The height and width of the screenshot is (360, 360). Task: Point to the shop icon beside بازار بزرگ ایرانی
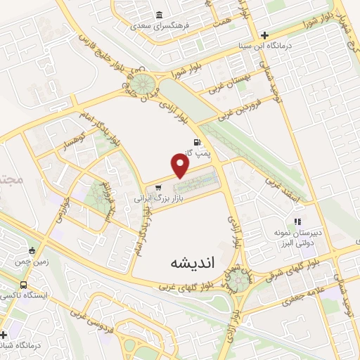pos(159,188)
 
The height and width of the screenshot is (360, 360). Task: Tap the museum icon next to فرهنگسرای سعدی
pos(160,15)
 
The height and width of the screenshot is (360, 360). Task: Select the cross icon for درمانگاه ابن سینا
pos(264,35)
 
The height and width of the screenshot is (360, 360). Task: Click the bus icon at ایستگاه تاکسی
pos(24,285)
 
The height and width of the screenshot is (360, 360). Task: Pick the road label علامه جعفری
pos(302,297)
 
